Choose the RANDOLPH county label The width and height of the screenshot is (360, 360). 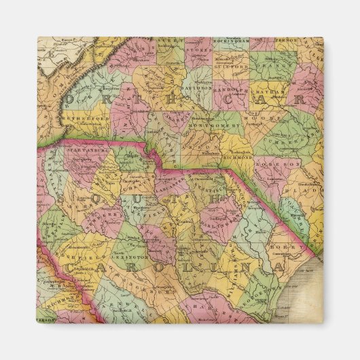[233, 89]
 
